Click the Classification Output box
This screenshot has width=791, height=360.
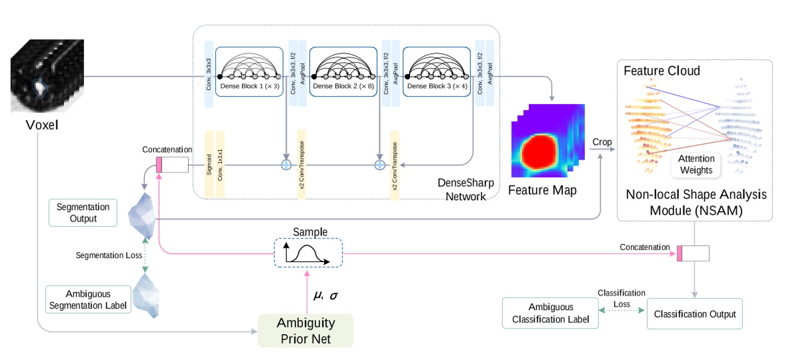coord(694,313)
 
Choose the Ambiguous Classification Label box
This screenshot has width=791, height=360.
coord(550,313)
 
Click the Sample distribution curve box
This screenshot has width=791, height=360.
coord(308,253)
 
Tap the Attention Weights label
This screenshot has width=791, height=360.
coord(696,164)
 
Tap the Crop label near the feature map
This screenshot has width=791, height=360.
coord(602,143)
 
